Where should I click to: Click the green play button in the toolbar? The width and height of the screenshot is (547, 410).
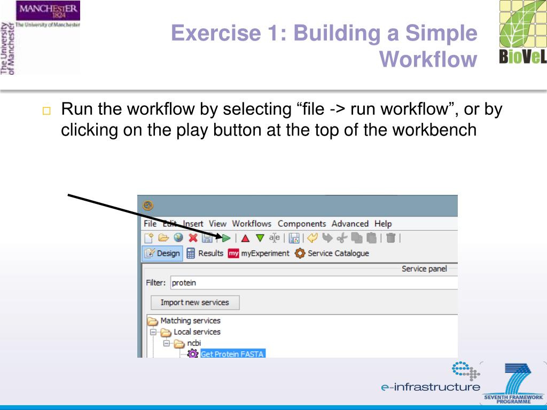coord(226,238)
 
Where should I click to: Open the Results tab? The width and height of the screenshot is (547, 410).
coord(205,253)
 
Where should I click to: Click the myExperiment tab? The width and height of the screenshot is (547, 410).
coord(259,253)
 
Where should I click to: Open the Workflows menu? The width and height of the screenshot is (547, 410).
coord(252,224)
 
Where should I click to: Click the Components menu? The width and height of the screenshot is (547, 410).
coord(302,224)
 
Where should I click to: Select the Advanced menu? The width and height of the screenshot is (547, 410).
coord(350,224)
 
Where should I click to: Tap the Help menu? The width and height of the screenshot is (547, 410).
coord(383,224)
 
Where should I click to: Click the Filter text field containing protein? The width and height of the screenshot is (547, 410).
coord(312,283)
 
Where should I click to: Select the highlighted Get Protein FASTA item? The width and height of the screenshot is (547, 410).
coord(232,353)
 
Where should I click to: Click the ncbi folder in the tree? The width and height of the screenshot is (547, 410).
coord(194,343)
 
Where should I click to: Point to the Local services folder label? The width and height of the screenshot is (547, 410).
coord(197,332)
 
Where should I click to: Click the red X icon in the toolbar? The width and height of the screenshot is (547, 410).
coord(193,238)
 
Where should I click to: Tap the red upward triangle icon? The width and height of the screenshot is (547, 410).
coord(245,238)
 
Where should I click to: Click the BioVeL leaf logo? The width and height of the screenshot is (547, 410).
coord(522,32)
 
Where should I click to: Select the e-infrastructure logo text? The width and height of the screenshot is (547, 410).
coord(431,387)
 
